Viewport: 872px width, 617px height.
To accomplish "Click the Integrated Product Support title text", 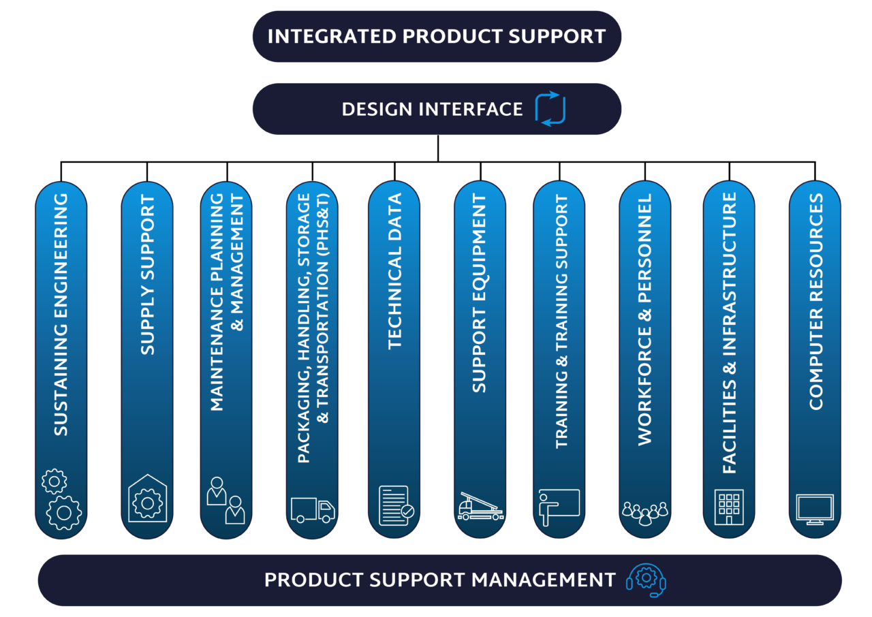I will tap(437, 36).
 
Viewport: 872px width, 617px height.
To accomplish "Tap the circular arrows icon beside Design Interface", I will tap(550, 109).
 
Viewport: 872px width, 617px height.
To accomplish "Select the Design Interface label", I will tap(432, 109).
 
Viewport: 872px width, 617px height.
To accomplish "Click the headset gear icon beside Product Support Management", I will tap(645, 580).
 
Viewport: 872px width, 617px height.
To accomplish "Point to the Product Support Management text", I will tap(439, 580).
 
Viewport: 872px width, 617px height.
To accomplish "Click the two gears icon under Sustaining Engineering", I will tap(61, 501).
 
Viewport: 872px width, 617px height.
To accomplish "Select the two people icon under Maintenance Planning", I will tap(226, 501).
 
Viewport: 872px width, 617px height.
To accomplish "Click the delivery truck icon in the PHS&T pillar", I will tap(313, 509).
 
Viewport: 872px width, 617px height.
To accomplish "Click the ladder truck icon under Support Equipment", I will tap(480, 507).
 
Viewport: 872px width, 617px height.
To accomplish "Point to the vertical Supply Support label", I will tap(148, 275).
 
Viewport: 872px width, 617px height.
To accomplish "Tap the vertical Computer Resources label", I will tap(815, 302).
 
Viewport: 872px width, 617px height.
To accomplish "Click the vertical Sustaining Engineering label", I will tap(61, 315).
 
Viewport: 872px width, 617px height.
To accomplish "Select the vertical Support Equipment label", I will tap(480, 294).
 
